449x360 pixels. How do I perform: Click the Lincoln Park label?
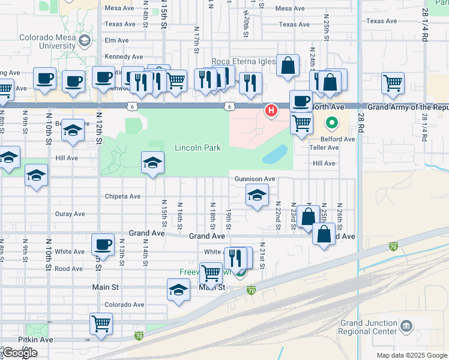coord(197,148)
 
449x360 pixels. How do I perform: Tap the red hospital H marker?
coord(271,110)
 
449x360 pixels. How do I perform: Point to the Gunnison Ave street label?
coord(255,179)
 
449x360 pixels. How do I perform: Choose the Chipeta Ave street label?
coord(122,196)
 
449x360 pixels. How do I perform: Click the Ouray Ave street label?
coord(70,214)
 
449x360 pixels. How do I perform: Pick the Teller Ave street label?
coord(325,148)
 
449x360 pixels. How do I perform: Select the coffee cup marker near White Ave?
coord(103,244)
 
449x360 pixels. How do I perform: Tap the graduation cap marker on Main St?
coord(178,290)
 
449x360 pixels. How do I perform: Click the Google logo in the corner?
coord(20,353)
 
